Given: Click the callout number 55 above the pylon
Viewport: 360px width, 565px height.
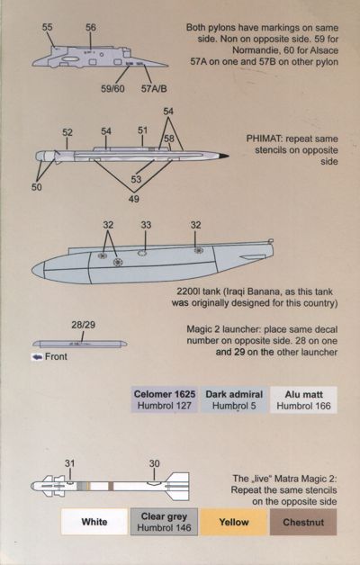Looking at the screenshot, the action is tap(47, 27).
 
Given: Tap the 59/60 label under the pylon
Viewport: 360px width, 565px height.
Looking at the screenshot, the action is tap(112, 89).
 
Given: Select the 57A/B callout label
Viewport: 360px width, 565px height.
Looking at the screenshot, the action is tap(154, 89).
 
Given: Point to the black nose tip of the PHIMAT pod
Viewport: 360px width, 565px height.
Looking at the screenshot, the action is tap(223, 156).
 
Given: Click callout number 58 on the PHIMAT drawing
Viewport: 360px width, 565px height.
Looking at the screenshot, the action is tap(168, 139).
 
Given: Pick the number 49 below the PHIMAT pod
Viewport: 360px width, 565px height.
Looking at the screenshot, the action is tap(134, 199).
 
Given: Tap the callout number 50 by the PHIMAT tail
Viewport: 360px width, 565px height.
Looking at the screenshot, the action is tap(36, 187).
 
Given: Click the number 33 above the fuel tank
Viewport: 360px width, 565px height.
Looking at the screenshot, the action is tap(146, 225).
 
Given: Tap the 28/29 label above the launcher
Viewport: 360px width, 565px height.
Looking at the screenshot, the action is tap(83, 325).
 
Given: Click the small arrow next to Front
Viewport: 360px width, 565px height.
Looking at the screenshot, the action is tap(37, 357).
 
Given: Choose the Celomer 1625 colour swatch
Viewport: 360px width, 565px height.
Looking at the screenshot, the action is tap(165, 399).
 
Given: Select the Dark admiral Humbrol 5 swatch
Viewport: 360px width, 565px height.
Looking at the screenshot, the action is tap(234, 399).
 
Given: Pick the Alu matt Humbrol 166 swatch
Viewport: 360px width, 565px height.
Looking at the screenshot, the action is tap(303, 399).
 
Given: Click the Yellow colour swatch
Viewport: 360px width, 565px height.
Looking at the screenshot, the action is tap(234, 522).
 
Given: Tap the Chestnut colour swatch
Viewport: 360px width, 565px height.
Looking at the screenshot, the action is tap(303, 522).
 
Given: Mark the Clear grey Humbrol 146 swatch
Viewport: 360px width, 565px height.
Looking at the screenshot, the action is tap(164, 522).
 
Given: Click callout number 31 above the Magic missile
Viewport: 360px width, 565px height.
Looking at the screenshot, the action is tap(69, 463).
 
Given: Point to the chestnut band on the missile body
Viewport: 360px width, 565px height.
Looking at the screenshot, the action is tap(111, 486).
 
